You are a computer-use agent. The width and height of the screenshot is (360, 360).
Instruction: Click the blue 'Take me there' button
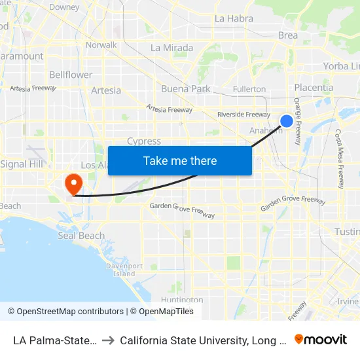[x=180, y=160]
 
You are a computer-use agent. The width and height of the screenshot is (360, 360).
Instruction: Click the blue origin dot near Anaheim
[x=287, y=120]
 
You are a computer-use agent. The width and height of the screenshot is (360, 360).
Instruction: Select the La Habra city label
[x=234, y=18]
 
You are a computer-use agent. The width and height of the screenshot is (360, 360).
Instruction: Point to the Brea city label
[x=288, y=35]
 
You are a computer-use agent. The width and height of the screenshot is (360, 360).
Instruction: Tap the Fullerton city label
[x=249, y=88]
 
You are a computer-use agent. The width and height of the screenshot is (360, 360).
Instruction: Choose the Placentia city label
[x=314, y=88]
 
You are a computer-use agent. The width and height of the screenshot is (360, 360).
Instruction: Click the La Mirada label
[x=171, y=48]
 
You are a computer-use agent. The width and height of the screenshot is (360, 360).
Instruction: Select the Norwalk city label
[x=101, y=45]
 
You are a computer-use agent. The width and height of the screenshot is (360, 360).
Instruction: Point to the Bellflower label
[x=71, y=75]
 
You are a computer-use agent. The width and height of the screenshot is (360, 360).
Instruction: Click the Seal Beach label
[x=81, y=236]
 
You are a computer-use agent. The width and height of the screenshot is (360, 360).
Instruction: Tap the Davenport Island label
[x=124, y=270]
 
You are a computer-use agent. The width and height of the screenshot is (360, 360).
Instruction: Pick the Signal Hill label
[x=22, y=164]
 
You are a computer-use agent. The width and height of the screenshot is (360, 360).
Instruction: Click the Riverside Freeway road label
[x=243, y=115]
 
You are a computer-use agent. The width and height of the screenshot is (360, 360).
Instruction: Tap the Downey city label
[x=64, y=7]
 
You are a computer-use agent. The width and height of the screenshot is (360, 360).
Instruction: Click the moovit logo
[x=321, y=339]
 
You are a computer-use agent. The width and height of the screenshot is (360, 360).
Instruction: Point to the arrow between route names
[x=107, y=340]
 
